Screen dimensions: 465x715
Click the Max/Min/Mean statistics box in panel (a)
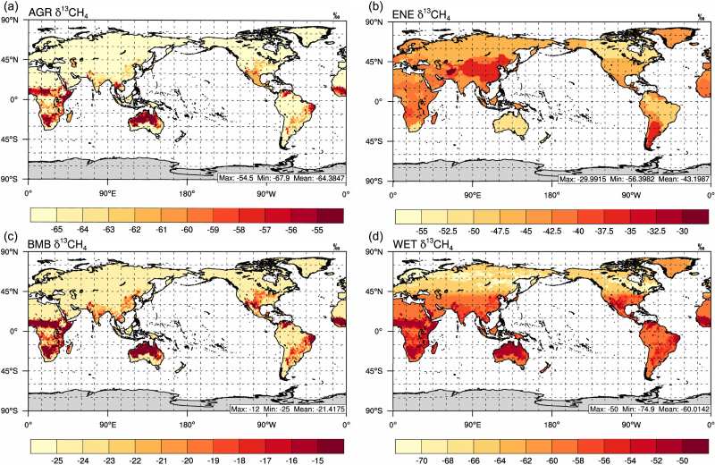281,178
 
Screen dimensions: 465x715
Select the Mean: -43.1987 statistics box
634,178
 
